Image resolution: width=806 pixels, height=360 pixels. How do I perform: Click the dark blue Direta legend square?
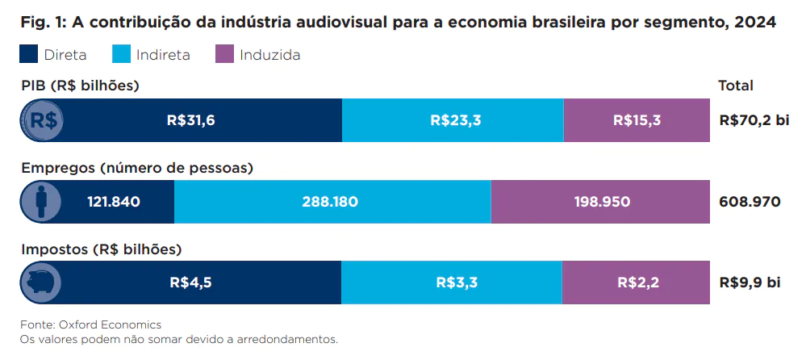coord(29,55)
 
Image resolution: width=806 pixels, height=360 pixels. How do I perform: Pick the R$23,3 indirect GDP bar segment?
coord(453,120)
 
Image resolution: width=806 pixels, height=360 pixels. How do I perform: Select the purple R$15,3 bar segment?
coord(636,120)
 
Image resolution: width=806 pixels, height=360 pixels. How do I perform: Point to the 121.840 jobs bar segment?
coord(113,201)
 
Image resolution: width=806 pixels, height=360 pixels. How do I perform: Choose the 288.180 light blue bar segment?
coord(332,201)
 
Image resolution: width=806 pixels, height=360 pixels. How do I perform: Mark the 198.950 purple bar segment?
coord(599,201)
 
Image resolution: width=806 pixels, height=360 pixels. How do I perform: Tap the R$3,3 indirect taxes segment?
coord(453,283)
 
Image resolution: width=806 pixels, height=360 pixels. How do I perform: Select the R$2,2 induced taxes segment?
coord(636,283)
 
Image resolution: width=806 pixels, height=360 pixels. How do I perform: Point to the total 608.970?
coord(750,202)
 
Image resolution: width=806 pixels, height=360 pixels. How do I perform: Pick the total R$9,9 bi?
coord(750,283)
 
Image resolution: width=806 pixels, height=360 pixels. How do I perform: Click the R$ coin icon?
coord(43,120)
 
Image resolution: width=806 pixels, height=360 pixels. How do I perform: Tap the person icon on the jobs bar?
coord(43,201)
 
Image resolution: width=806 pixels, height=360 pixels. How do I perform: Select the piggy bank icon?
coord(43,283)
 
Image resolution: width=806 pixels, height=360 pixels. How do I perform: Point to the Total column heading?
coord(735,86)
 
